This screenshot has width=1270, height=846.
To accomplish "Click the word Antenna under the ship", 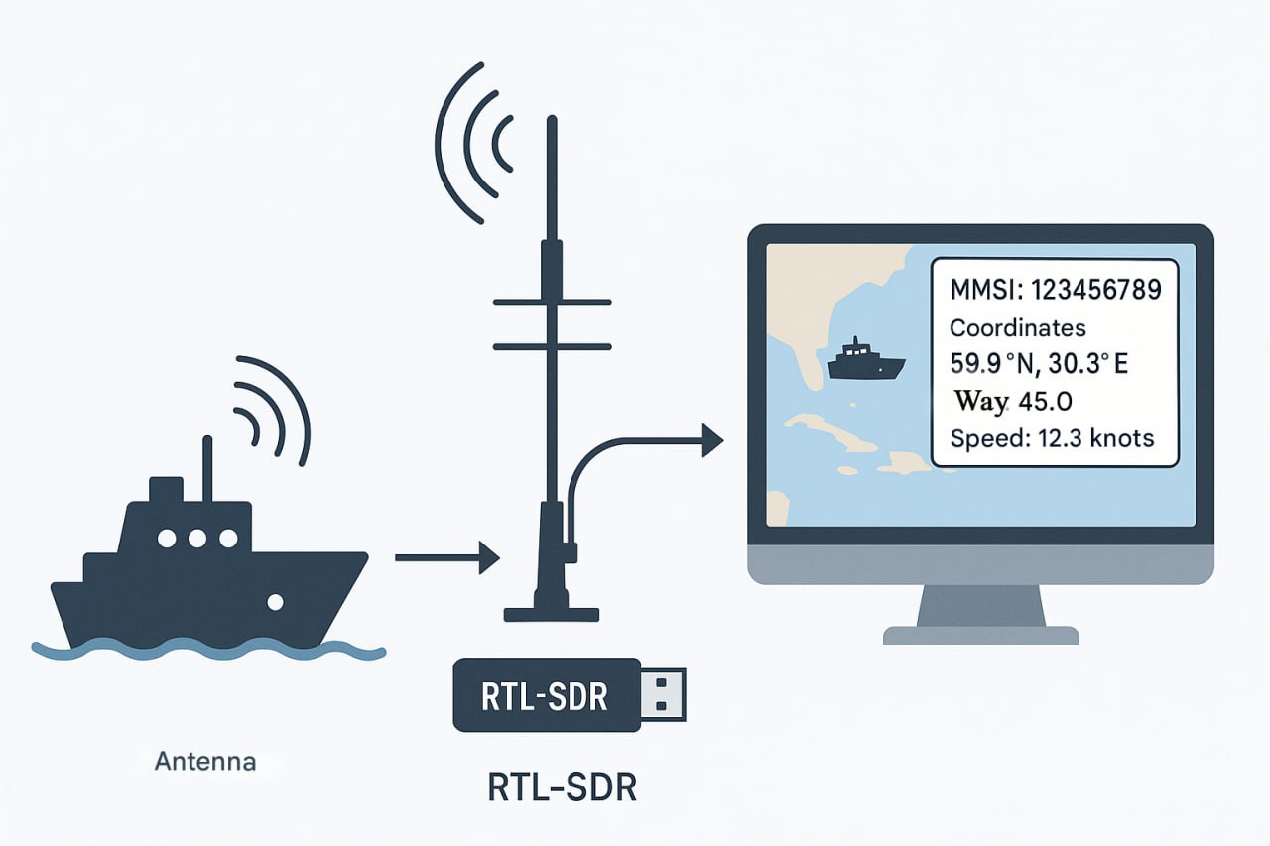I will tap(205, 763).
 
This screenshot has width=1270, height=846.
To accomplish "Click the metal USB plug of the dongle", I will tap(662, 693).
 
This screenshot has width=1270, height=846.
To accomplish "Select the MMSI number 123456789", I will tap(1096, 291).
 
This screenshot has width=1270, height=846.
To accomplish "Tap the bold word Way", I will tap(979, 402).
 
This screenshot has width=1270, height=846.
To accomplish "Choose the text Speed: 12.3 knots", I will tap(1052, 438).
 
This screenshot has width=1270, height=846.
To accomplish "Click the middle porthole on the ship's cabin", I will tap(197, 539).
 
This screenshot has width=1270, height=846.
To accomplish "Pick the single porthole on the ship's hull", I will tap(276, 601).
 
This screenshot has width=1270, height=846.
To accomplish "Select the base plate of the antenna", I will tap(552, 614).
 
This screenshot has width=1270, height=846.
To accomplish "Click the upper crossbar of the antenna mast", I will tap(552, 302).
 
